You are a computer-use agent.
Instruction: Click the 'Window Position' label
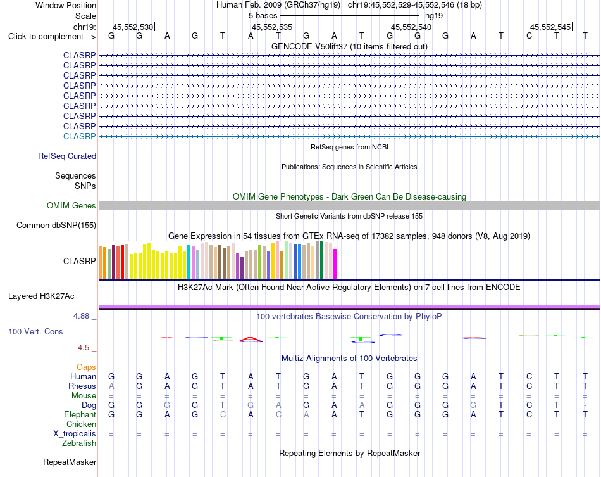[66, 5]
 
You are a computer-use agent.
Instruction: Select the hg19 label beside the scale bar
[434, 16]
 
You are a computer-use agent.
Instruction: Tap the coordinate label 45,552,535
[272, 27]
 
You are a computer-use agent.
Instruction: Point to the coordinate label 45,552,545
[550, 27]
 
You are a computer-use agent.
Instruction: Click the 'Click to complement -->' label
[52, 37]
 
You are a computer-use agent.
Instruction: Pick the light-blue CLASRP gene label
[79, 136]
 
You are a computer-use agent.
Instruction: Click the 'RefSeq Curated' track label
[66, 156]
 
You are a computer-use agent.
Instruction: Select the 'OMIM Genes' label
[71, 206]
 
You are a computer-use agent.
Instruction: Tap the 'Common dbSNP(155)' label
[56, 226]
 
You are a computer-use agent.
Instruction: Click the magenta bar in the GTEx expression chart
[335, 264]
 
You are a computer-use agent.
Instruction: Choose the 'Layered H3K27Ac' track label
[41, 296]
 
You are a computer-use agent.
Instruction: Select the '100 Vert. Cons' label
[35, 331]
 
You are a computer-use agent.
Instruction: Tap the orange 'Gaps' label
[86, 367]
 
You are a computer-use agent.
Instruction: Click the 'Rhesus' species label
[82, 386]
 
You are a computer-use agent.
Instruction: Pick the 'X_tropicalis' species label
[75, 434]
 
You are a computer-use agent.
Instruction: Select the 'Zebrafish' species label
[79, 443]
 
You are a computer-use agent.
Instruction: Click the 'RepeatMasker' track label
[70, 462]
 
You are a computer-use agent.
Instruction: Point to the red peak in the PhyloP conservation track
[251, 338]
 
